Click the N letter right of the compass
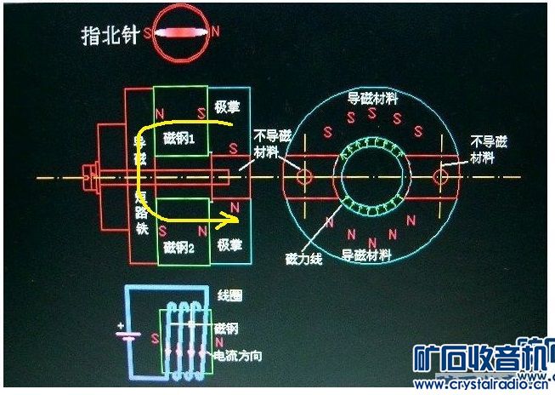[x=216, y=32]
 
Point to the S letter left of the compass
[x=149, y=34]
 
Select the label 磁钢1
[x=178, y=139]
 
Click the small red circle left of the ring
[x=303, y=175]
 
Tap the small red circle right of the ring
[x=440, y=176]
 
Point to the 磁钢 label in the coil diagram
[x=225, y=327]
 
